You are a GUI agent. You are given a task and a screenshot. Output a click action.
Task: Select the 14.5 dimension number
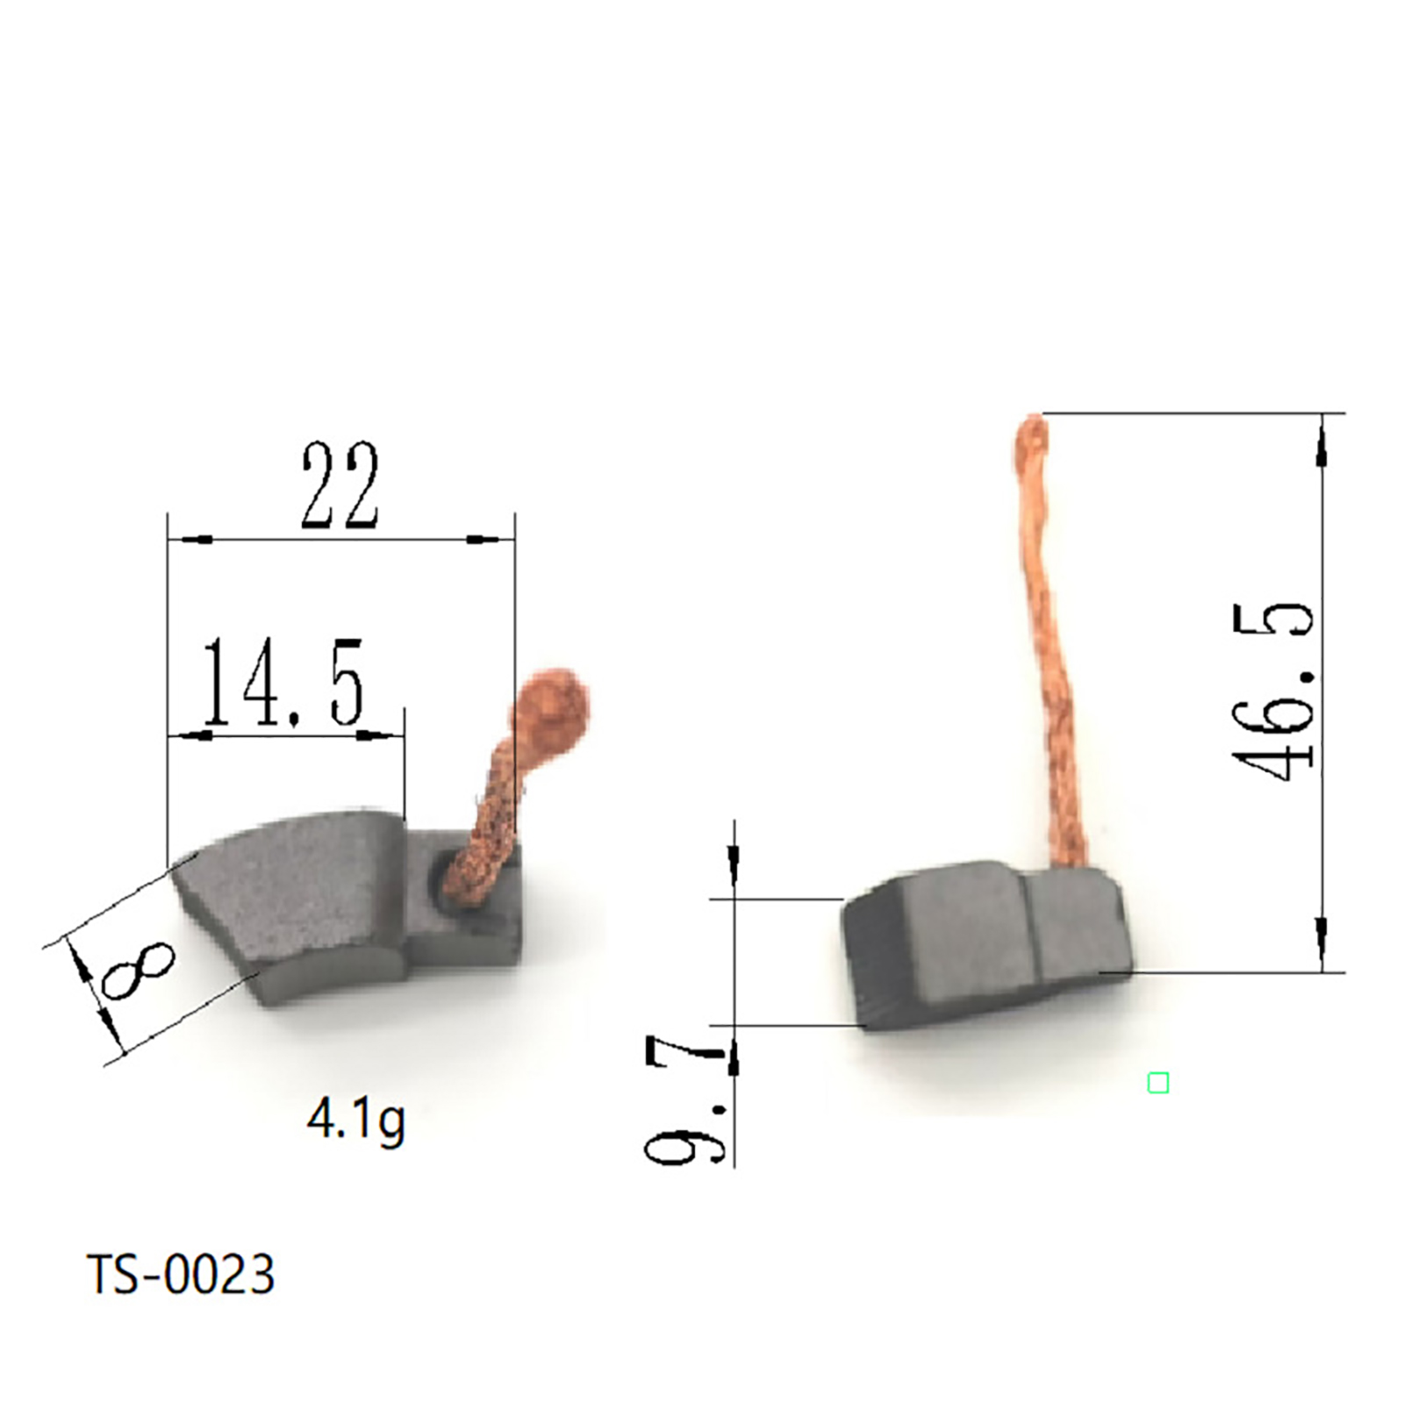[283, 682]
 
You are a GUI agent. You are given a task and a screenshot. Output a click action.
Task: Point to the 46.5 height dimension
[1273, 692]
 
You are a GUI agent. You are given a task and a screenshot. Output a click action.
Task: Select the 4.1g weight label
[356, 1121]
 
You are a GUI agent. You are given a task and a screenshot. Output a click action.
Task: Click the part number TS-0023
[181, 1274]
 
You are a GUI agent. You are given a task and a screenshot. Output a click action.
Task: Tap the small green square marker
[1158, 1083]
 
